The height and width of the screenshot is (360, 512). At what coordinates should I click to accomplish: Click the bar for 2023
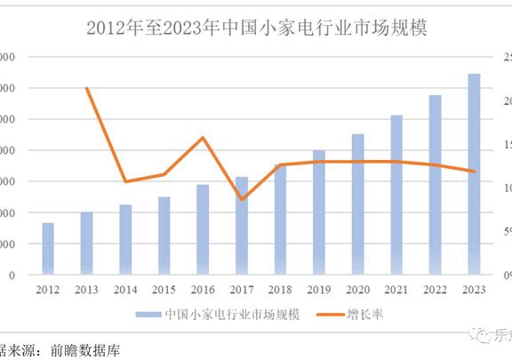[x=474, y=173]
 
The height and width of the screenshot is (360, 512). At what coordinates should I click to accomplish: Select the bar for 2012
[x=48, y=248]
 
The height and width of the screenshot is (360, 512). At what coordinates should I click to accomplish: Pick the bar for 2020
[x=357, y=204]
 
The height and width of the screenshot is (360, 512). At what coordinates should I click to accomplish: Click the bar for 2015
[x=164, y=235]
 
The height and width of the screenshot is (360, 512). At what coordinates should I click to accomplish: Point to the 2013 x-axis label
[x=86, y=289]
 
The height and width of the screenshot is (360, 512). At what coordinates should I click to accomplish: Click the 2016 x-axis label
[x=203, y=289]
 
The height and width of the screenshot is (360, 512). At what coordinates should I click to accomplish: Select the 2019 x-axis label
[x=319, y=289]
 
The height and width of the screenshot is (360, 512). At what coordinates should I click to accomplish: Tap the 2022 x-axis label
[x=435, y=289]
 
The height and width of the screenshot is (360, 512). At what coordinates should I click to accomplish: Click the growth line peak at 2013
[x=87, y=88]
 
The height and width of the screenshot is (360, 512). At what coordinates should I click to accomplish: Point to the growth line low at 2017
[x=242, y=199]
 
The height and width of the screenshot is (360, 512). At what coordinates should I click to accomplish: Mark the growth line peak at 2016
[x=203, y=138]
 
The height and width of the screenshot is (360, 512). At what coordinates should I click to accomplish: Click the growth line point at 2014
[x=125, y=181]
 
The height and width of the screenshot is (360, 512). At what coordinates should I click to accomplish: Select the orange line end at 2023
[x=474, y=172]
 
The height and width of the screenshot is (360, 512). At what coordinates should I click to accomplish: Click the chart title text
[x=257, y=28]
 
